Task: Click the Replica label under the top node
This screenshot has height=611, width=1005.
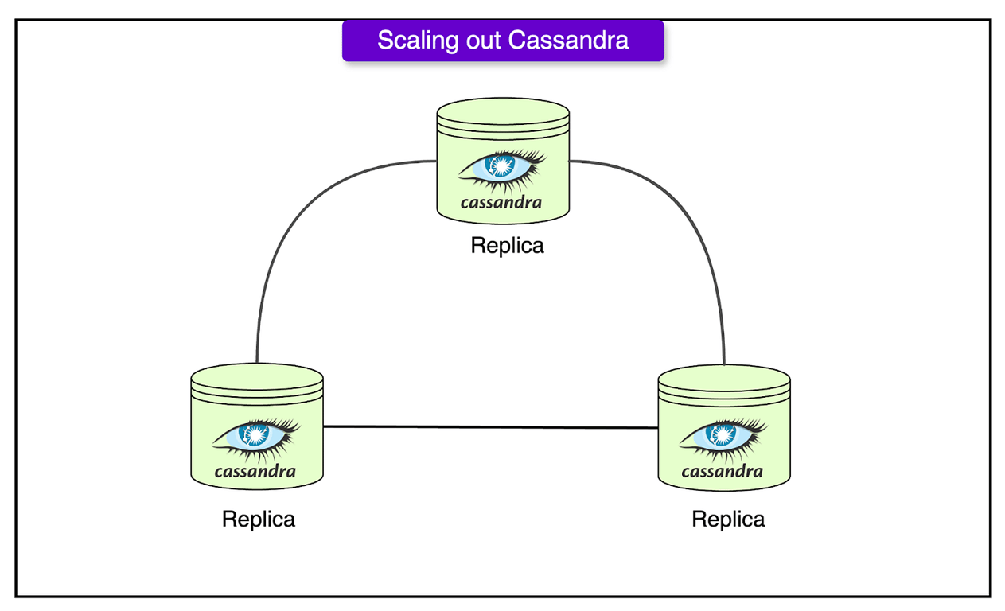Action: click(x=507, y=245)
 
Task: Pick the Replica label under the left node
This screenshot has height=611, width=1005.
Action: click(x=259, y=520)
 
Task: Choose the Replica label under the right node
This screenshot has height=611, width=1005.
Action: click(x=728, y=520)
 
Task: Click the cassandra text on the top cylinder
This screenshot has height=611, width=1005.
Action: click(x=501, y=202)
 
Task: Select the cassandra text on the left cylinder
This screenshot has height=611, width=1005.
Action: click(x=255, y=471)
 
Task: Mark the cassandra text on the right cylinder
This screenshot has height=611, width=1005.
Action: click(x=723, y=471)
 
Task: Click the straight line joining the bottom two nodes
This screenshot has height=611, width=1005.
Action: click(x=489, y=427)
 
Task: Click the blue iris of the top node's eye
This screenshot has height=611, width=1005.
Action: click(x=502, y=165)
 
